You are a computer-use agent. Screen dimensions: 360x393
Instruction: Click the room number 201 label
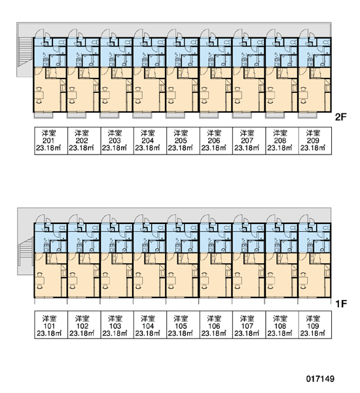coord(48,141)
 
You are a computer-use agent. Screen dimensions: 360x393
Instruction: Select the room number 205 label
coord(181,141)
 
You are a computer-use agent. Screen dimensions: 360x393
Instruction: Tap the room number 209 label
coord(313,141)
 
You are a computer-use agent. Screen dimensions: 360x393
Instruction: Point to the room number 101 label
coord(49,326)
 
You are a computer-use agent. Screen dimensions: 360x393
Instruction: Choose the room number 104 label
coord(148,326)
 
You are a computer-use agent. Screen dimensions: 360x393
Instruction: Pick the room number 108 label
coord(280,326)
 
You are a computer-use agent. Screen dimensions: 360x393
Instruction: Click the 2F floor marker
coord(341,117)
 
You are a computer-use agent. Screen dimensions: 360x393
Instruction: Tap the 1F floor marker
coord(341,304)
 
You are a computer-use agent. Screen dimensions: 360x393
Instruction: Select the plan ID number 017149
coord(321,379)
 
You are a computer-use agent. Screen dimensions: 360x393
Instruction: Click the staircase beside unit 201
coord(26,52)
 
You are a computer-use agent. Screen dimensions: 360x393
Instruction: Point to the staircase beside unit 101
coord(26,252)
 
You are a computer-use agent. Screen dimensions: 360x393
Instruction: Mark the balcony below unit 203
coord(110,115)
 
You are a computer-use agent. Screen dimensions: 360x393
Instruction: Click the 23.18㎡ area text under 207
coord(247,148)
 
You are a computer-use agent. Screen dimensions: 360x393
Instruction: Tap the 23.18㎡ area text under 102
coord(82,333)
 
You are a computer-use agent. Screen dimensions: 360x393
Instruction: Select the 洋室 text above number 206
coord(214,133)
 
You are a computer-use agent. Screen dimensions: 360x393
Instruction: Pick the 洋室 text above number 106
coord(214,318)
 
